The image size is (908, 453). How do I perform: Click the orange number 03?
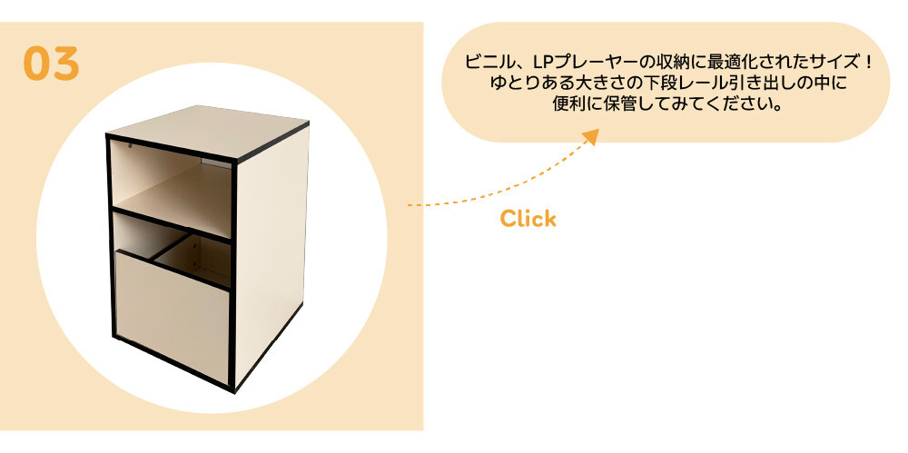click(51, 64)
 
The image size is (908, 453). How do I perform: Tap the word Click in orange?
click(528, 219)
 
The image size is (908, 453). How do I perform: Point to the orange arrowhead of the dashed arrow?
click(591, 137)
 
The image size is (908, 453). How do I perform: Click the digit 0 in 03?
click(36, 64)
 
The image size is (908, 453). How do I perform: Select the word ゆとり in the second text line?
click(509, 84)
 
